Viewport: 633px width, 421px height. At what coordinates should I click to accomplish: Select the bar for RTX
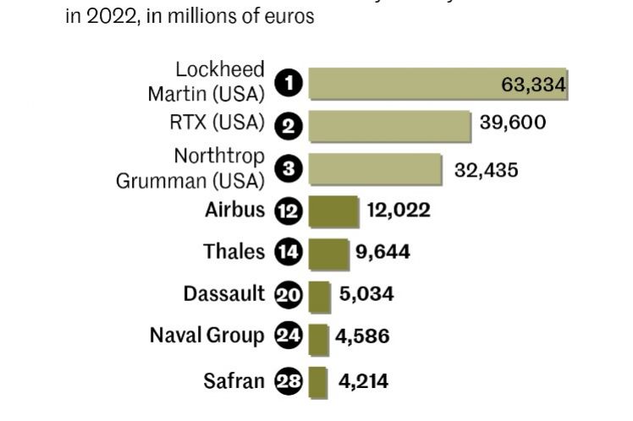389,125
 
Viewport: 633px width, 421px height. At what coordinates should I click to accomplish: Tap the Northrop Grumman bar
375,168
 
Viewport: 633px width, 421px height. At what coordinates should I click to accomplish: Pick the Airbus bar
333,210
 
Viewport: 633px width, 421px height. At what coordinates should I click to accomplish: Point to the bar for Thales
328,252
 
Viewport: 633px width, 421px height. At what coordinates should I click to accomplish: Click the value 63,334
533,85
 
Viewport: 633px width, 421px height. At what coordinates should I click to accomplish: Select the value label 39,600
513,123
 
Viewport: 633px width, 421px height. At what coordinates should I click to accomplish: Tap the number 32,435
487,169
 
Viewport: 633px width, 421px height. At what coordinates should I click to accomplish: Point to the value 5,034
366,294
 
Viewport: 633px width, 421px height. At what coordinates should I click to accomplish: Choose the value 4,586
362,336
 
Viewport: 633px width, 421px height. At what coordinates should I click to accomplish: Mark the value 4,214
363,381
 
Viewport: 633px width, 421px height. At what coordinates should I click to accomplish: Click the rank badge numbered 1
289,84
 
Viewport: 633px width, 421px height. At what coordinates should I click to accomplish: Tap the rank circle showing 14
289,252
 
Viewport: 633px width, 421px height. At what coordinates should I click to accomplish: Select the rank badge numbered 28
289,381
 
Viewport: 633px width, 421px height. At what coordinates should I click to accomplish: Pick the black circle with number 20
289,294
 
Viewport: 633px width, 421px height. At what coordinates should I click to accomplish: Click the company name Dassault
223,294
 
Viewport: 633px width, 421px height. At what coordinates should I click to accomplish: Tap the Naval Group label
206,336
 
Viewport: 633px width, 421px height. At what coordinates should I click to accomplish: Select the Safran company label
234,380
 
